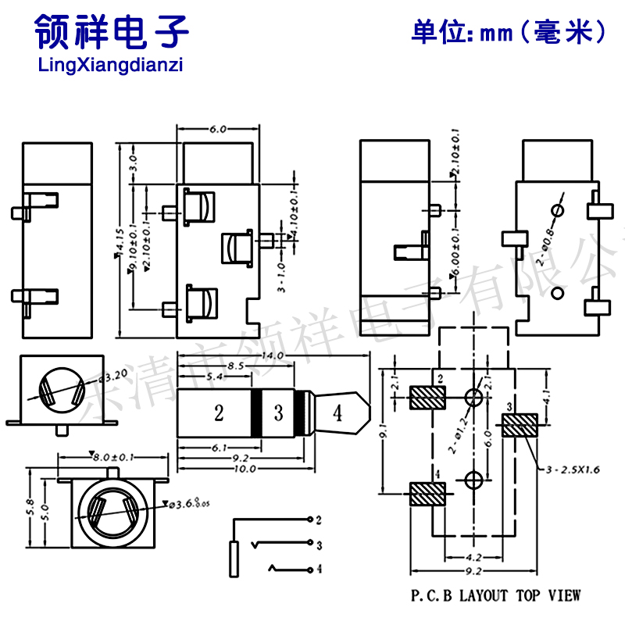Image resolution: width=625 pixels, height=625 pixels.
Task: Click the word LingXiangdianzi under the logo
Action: point(110,66)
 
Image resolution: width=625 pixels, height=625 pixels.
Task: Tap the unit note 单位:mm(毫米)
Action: point(509,32)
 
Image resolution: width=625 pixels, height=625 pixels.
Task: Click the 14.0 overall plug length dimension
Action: point(271,355)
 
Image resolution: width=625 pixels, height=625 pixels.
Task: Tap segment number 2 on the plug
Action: point(220,412)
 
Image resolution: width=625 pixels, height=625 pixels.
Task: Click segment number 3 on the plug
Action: point(279,412)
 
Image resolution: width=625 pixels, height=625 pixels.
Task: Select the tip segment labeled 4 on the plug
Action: point(337,412)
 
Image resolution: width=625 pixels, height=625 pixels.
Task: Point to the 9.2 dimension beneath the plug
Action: point(240,459)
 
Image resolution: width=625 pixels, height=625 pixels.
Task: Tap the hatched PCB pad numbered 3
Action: point(520,426)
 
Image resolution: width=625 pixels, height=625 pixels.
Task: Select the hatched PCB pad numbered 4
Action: point(427,494)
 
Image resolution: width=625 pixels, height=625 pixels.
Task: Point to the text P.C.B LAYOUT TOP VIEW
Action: point(497,596)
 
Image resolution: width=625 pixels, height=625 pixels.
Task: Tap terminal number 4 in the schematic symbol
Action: point(319,570)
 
